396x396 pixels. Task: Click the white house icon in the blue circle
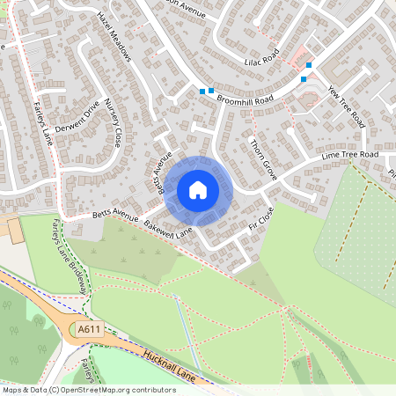[x=198, y=189]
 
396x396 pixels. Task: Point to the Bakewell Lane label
[x=168, y=231]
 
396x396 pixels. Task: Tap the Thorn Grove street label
[x=263, y=159]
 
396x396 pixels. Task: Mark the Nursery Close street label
[x=113, y=123]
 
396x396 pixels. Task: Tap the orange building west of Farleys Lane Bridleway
[x=12, y=230]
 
